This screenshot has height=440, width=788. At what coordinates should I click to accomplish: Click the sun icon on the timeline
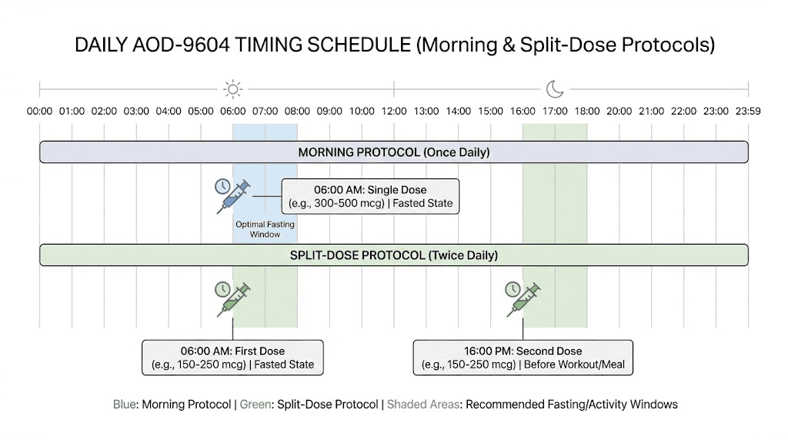pos(232,89)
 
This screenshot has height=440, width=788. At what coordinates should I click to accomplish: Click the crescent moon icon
pos(555,89)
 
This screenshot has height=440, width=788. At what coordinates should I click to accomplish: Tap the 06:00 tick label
pos(232,112)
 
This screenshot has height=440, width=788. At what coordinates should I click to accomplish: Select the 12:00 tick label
pos(394,112)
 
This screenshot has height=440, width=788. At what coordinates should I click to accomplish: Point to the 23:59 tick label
pos(747,112)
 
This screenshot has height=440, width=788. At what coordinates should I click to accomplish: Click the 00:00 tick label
pos(40,112)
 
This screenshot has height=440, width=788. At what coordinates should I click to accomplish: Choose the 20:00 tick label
pos(619,112)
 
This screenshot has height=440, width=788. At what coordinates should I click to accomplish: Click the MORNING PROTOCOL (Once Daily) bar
pos(394,152)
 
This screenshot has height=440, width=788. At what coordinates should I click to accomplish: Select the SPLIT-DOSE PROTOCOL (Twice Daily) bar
pos(394,255)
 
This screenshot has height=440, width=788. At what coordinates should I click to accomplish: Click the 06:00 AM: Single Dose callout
pos(370,197)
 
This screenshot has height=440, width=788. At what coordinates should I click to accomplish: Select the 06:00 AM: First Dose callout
pos(232,358)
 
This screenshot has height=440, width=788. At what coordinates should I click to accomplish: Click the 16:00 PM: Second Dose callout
pos(523,358)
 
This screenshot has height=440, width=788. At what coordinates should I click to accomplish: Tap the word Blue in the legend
pos(124,404)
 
